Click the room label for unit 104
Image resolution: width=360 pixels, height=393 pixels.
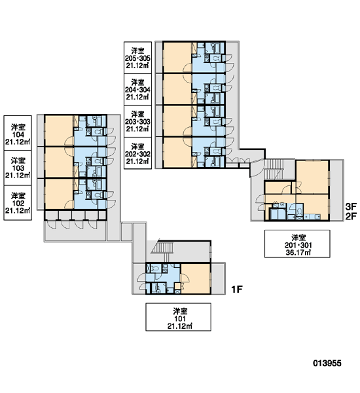[x=18, y=133]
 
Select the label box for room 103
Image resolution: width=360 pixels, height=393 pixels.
[x=18, y=168]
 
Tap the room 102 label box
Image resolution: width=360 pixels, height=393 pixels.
[x=18, y=203]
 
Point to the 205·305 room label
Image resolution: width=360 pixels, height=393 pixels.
[x=138, y=58]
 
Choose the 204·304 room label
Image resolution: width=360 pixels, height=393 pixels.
[x=138, y=90]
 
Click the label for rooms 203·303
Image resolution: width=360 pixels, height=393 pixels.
[x=138, y=121]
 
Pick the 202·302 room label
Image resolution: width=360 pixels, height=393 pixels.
[x=138, y=153]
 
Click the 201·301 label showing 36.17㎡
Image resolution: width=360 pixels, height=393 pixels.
[x=297, y=244]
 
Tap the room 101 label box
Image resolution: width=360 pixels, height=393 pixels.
[x=179, y=317]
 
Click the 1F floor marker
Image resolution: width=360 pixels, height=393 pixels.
[x=237, y=290]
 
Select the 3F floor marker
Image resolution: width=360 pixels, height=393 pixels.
[x=351, y=207]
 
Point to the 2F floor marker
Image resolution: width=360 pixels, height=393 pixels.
[x=351, y=216]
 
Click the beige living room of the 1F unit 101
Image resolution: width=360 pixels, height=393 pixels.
[x=196, y=278]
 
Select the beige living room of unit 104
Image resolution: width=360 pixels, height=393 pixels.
[x=59, y=130]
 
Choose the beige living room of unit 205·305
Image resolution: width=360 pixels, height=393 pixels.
[x=177, y=58]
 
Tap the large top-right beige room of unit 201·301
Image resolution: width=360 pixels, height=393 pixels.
[x=312, y=178]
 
